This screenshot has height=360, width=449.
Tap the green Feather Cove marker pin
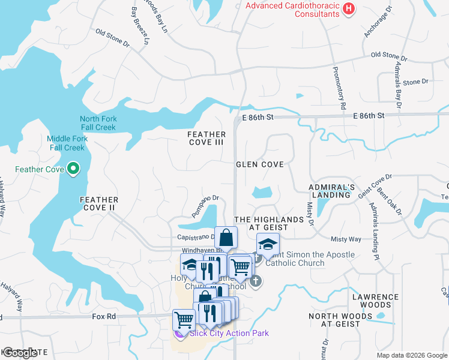74,169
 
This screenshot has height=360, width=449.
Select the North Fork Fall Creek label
98,123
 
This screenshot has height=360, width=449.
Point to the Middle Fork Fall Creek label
67,143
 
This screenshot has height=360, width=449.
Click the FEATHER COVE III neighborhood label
206,139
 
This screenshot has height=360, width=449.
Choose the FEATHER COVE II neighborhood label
100,203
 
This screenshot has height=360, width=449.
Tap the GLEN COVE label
259,164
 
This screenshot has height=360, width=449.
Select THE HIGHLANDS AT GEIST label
268,224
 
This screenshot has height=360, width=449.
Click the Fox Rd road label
103,316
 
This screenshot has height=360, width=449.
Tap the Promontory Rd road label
340,88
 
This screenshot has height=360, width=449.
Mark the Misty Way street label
346,239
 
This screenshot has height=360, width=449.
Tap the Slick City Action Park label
229,333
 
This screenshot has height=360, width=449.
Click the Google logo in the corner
20,353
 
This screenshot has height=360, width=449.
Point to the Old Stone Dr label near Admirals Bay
389,56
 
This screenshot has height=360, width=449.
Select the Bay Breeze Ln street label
139,26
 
